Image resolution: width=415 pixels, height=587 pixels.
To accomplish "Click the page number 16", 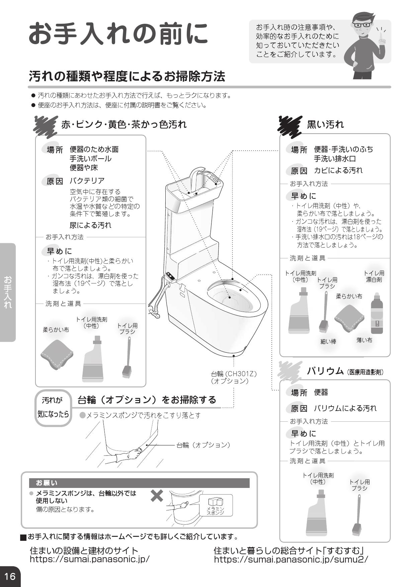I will coord(10,576).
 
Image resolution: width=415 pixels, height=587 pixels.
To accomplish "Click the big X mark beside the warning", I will coord(157,496).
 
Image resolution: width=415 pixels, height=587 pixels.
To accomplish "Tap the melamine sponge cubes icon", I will coord(216,502).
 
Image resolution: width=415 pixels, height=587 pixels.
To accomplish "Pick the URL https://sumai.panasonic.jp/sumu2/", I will coord(291,559).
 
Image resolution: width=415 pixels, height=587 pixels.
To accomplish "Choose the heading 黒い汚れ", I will coord(325,124).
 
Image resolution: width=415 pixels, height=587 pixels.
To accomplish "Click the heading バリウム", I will coord(325,371).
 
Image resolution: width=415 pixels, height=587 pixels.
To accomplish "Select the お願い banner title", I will coord(47,483).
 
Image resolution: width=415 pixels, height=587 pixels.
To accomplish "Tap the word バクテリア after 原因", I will coord(87,181).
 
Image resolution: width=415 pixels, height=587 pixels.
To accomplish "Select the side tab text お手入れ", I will coord(8,292).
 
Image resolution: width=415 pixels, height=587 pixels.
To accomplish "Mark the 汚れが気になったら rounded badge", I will coord(53,408).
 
